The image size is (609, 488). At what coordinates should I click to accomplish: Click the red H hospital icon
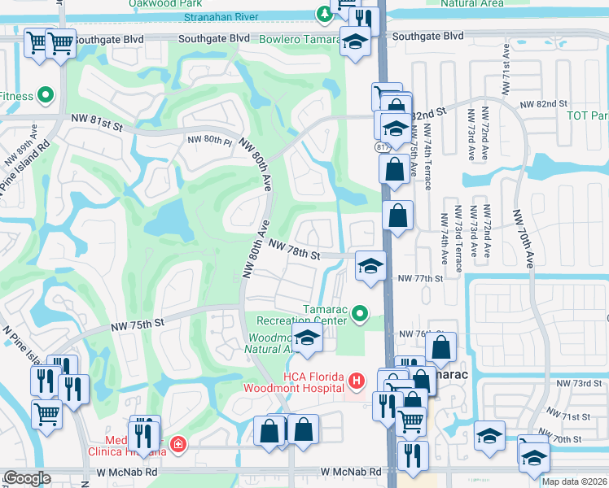[355, 380]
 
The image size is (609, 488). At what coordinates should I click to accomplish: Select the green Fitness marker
[46, 96]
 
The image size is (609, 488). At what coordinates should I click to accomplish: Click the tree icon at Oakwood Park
[324, 14]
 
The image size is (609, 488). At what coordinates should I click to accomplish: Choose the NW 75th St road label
[138, 323]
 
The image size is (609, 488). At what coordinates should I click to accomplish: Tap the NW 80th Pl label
[210, 140]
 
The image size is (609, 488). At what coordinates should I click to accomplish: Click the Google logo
[27, 477]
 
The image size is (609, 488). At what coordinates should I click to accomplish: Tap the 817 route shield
[383, 147]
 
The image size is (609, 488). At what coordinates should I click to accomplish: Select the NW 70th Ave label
[524, 237]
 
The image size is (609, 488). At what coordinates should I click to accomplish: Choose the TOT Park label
[588, 115]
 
